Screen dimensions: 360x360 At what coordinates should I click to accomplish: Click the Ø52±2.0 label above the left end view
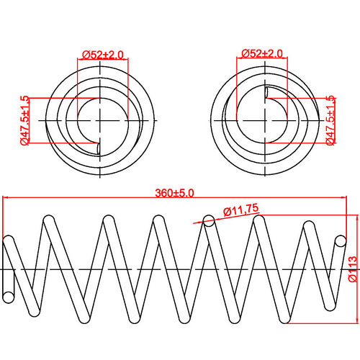(x=102, y=54)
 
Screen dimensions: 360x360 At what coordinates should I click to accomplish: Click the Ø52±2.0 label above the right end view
(x=263, y=54)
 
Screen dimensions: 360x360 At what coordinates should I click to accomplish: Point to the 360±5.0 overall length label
(x=176, y=193)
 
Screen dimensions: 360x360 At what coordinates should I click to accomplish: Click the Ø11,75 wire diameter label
(x=241, y=211)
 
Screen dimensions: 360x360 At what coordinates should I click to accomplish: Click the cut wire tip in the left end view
(x=97, y=148)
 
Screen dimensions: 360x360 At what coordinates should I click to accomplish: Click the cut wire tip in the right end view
(x=266, y=92)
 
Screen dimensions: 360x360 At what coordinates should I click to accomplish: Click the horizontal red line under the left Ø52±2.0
(x=102, y=60)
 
